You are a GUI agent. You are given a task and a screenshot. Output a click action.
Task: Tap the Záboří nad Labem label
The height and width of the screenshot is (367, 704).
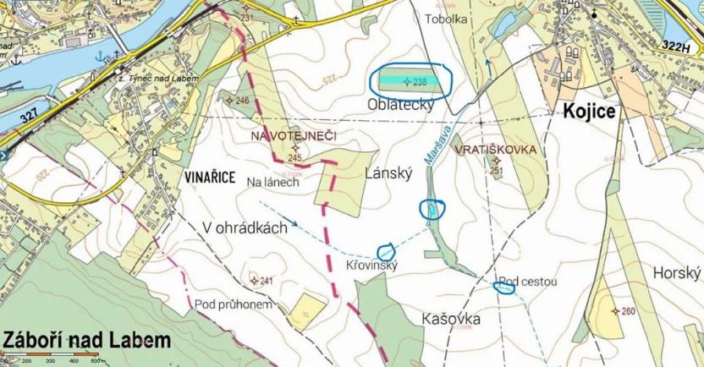coord(86,339)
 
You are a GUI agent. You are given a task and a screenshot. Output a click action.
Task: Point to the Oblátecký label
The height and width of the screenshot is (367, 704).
coord(400,105)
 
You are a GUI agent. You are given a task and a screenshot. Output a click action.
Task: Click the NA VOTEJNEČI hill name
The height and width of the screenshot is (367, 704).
coord(293,135)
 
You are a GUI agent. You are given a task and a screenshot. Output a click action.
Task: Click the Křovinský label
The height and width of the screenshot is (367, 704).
coord(371,266)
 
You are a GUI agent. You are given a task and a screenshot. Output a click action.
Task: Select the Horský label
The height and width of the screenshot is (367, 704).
coord(678,272)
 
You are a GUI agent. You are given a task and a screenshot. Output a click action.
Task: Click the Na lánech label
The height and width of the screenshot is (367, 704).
coord(272,182)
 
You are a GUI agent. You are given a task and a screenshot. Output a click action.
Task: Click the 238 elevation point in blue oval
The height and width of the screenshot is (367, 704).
coord(419,82)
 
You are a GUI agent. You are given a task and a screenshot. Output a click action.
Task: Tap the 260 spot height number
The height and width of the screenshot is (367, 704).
coord(627,311)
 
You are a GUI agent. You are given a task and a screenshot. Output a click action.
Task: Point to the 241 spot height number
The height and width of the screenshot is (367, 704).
coord(267,281)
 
